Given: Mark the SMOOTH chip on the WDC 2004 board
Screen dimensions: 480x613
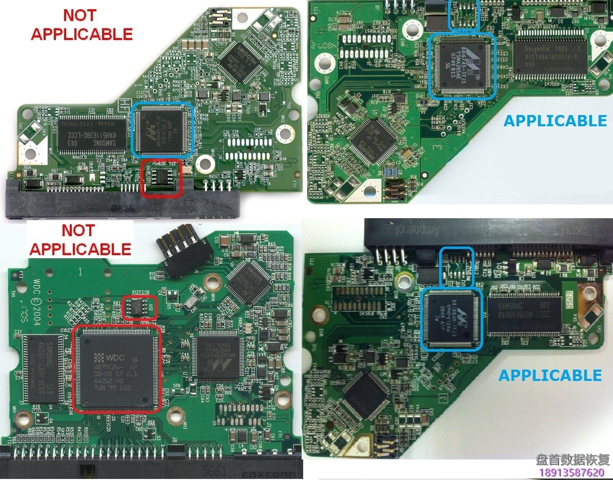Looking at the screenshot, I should coord(248,282).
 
